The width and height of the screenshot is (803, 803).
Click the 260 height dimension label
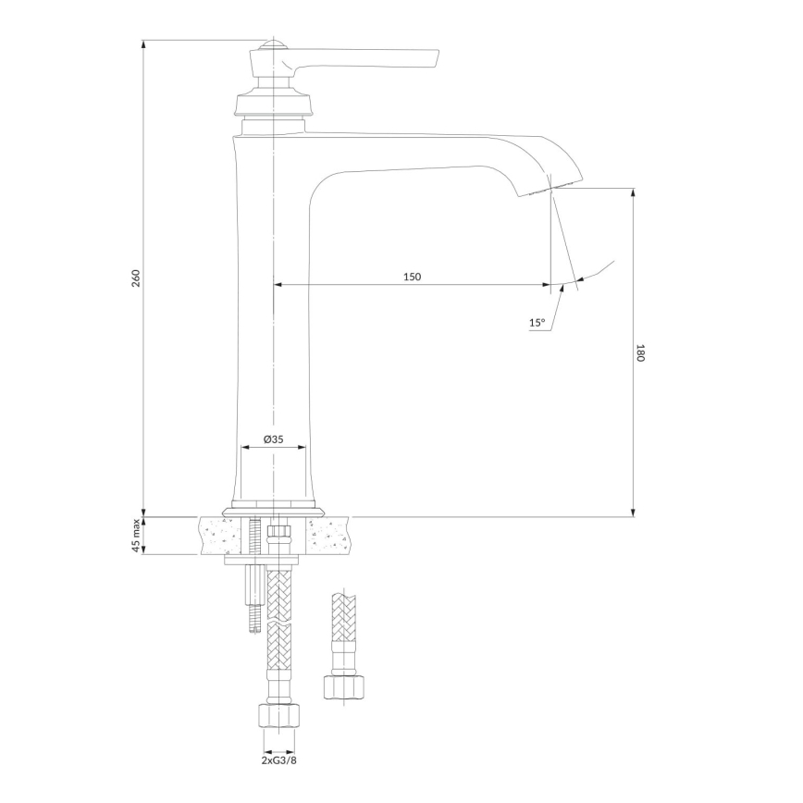click(135, 278)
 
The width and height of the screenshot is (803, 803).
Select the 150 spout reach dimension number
click(412, 277)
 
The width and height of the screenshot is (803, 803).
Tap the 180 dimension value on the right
click(639, 352)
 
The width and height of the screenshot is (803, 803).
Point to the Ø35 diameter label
click(273, 439)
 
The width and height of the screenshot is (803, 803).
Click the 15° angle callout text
click(537, 323)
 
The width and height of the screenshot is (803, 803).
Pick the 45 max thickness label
click(135, 536)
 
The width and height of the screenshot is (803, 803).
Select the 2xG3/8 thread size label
click(278, 760)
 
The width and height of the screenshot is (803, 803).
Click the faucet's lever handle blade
click(370, 59)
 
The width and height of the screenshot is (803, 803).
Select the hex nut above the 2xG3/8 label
click(278, 718)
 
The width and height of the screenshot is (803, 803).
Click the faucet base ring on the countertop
click(274, 509)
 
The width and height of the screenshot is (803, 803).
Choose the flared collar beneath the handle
click(273, 101)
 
